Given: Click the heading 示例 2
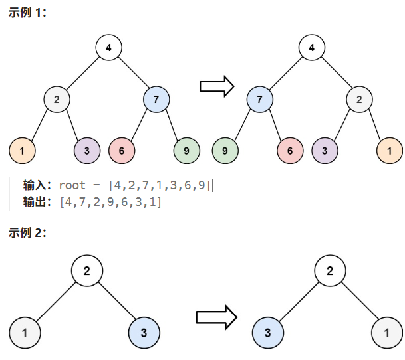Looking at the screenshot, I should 27,232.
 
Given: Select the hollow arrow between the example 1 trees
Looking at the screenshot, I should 217,86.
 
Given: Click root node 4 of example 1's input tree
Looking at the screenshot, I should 108,48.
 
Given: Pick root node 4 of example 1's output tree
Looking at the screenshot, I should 311,48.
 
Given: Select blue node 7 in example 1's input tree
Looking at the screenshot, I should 156,100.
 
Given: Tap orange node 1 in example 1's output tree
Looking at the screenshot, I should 390,151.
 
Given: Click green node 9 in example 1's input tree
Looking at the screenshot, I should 186,151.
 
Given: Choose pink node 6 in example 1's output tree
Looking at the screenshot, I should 290,151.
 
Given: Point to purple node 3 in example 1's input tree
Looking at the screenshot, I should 87,151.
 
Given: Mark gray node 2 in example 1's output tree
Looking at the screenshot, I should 359,100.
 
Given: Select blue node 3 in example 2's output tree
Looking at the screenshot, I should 266,331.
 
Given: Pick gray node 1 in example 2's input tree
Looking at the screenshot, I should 24,331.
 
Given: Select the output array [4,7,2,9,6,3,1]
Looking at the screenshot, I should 110,201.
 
